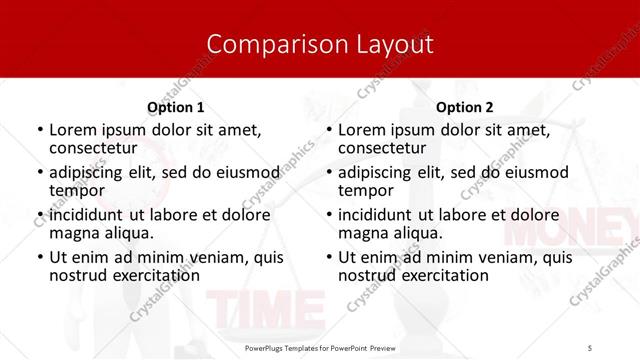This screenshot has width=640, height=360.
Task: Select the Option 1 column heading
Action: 176,107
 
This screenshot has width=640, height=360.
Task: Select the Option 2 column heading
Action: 465,107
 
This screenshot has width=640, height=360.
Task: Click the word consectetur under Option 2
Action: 381,148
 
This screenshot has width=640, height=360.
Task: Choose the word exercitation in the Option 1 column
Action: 156,274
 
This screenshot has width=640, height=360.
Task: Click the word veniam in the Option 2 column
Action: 506,257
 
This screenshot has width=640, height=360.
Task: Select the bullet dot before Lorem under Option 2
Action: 329,131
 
